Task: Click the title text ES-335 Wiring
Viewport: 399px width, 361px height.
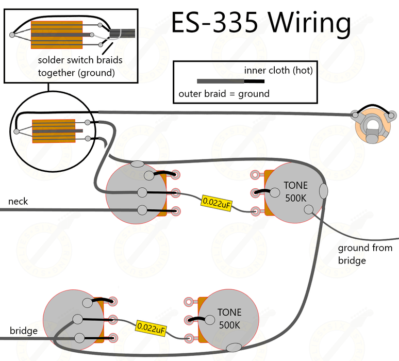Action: coord(261,23)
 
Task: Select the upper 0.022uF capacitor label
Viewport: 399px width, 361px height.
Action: coord(217,203)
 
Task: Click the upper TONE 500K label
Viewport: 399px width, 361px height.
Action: coord(295,191)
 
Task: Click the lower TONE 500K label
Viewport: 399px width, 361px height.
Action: coord(229,318)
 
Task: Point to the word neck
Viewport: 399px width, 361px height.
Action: coord(18,201)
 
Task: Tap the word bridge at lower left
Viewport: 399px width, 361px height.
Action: coord(23,331)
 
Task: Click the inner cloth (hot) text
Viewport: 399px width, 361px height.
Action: coord(278,71)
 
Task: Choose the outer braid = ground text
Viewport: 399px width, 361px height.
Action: coord(224,93)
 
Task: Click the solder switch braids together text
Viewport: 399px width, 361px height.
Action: coord(80,66)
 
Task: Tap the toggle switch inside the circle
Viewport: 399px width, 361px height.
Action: coord(54,131)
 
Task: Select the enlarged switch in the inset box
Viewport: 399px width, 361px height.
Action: coord(57,35)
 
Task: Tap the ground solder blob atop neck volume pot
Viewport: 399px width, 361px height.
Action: coord(138,164)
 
